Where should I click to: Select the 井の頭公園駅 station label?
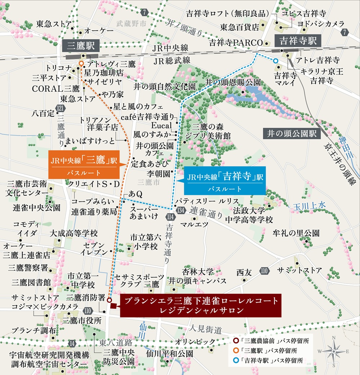tap(292, 134)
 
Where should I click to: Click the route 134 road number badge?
tap(179, 210)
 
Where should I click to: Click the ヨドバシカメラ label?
tap(321, 23)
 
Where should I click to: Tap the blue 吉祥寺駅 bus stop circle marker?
tap(275, 61)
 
